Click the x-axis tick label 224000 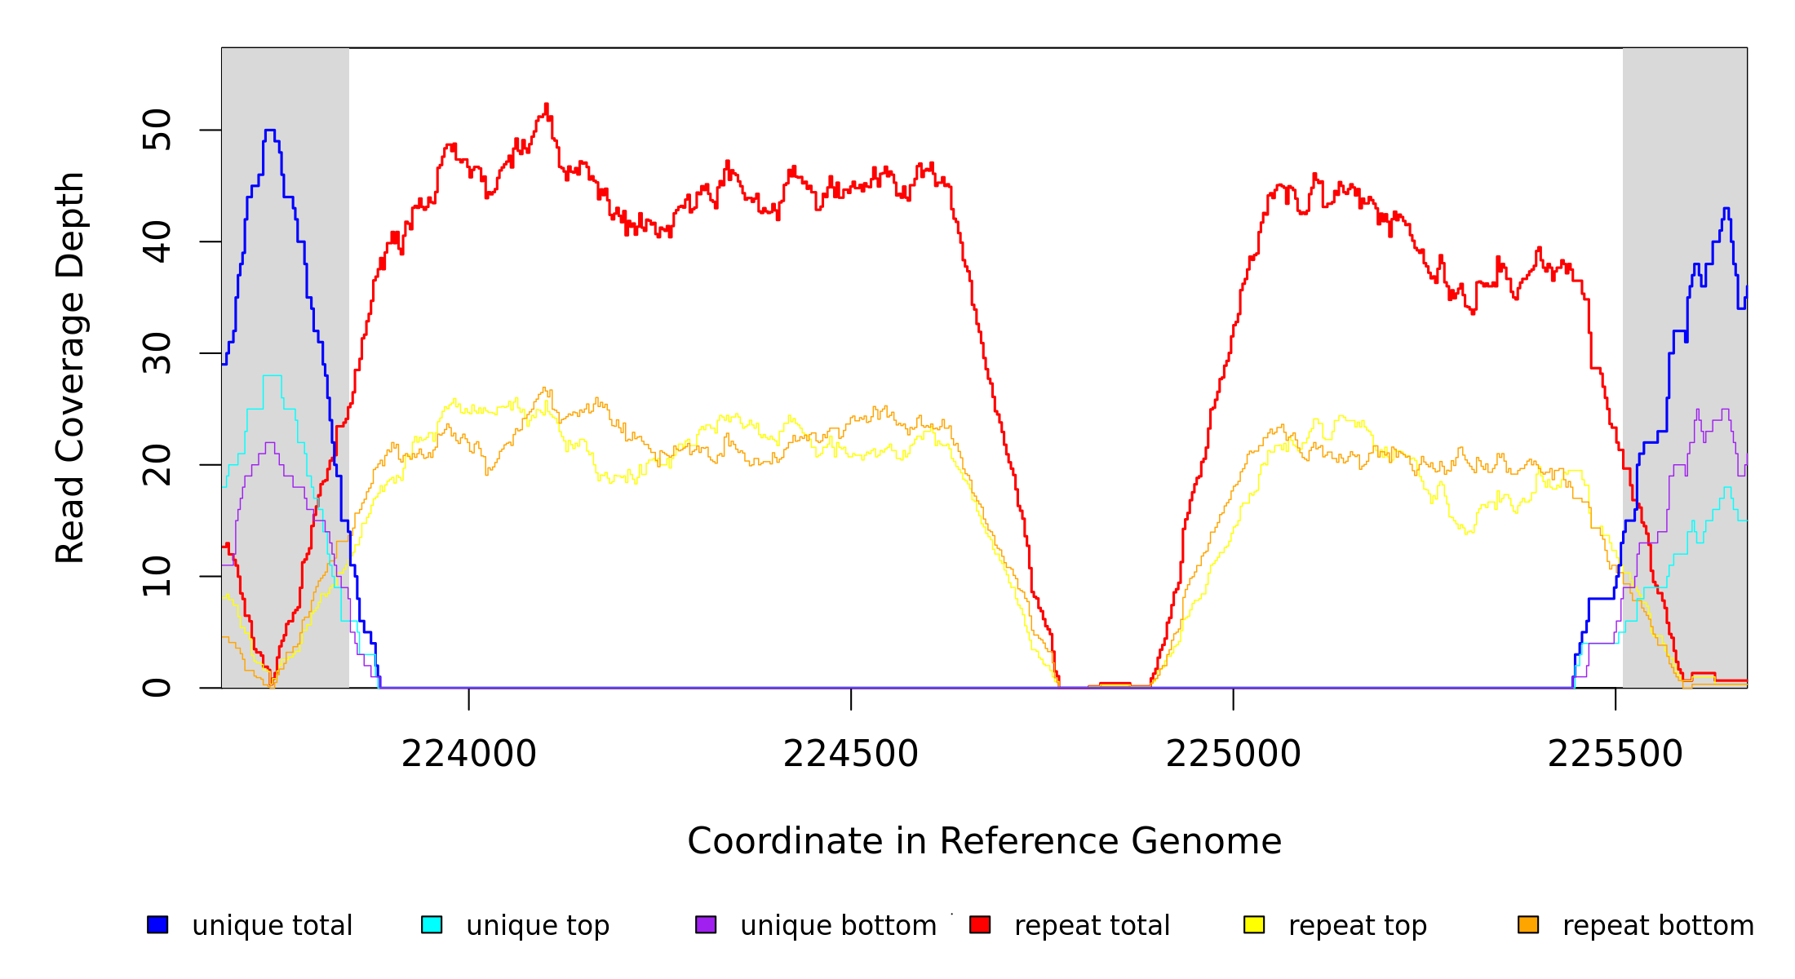[x=468, y=755]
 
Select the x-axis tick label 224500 [x=850, y=755]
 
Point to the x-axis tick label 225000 [x=1233, y=755]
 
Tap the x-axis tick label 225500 [x=1615, y=755]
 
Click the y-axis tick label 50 [x=157, y=130]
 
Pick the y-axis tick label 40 [x=157, y=241]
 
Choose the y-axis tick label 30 [x=157, y=353]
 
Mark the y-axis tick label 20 [x=157, y=465]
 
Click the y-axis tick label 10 [x=157, y=576]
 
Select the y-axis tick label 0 [x=157, y=688]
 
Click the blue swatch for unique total [x=157, y=924]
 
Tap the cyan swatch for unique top [x=432, y=924]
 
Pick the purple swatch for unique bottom [x=706, y=924]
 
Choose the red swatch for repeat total [x=980, y=924]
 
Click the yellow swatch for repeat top [x=1254, y=924]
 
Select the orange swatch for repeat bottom [x=1528, y=924]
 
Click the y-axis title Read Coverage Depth [x=70, y=367]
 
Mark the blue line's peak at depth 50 [x=270, y=130]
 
